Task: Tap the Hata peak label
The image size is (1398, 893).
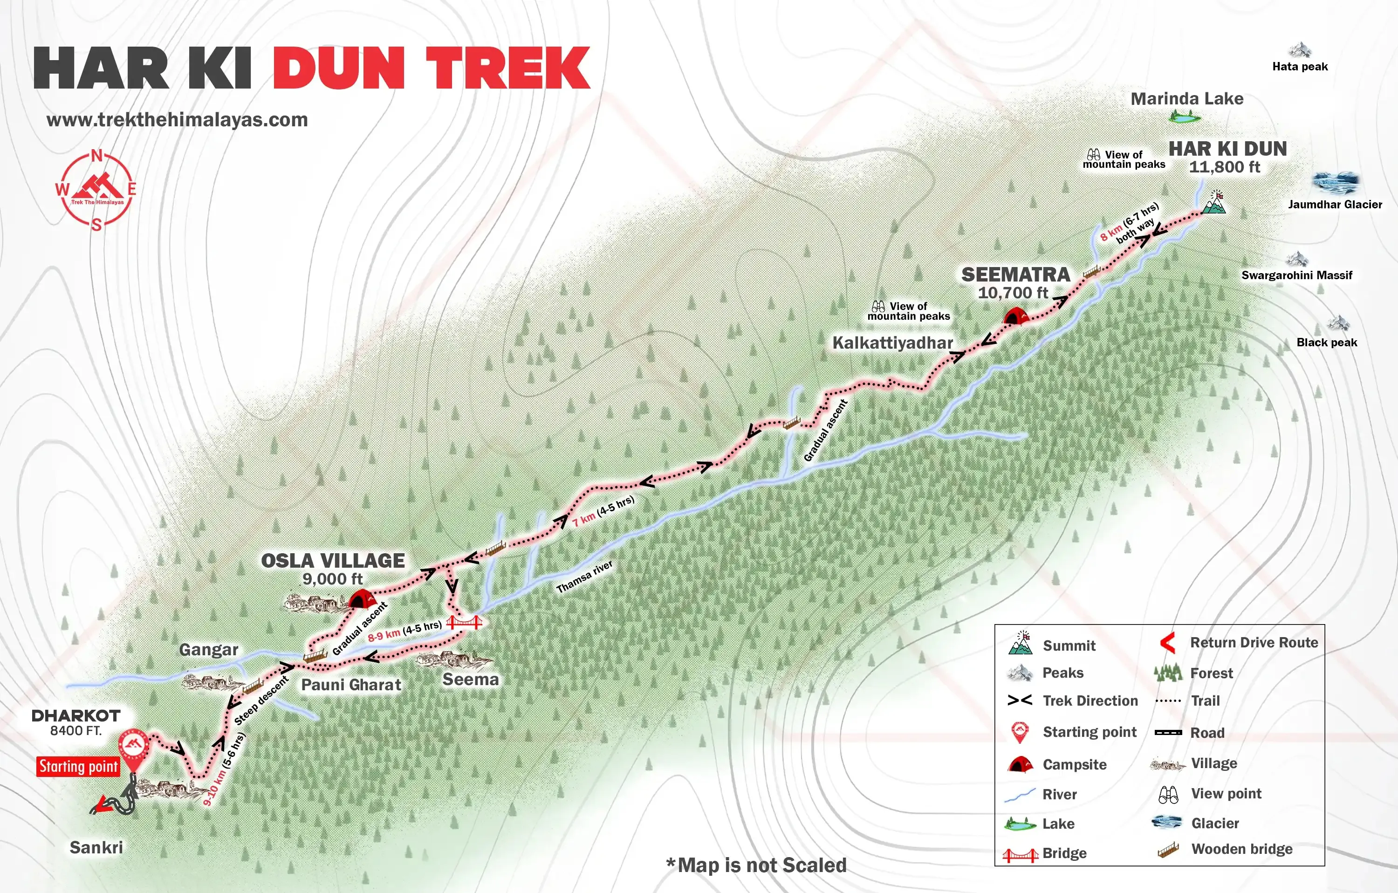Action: (x=1299, y=66)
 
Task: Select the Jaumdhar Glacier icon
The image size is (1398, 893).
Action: (x=1335, y=182)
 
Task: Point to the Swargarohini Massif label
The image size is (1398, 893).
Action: (x=1296, y=275)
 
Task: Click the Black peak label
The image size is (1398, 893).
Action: (x=1326, y=343)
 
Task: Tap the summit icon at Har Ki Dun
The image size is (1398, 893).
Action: (x=1214, y=203)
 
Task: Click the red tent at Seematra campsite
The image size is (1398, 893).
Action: (x=1016, y=316)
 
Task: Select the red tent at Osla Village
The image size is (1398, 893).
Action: (x=361, y=598)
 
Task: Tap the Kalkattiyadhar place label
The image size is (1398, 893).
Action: (x=892, y=343)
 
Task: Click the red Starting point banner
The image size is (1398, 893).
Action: (x=78, y=766)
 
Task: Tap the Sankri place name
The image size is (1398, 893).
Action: (x=96, y=847)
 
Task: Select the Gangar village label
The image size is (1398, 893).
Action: (x=208, y=649)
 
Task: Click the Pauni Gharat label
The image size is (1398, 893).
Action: (x=350, y=685)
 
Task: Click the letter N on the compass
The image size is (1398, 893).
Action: (x=97, y=156)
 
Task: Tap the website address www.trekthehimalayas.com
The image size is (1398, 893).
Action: (x=177, y=120)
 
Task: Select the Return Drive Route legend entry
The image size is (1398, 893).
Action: (x=1254, y=642)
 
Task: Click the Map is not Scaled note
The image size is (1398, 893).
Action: (x=756, y=865)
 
